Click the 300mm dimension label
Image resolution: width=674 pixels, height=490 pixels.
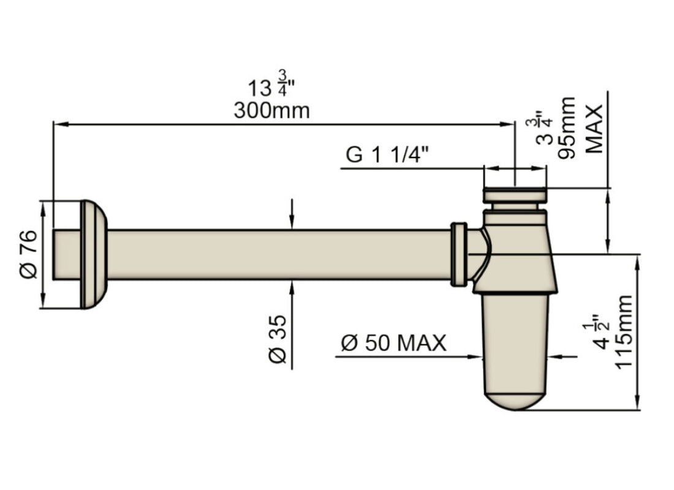coord(271,111)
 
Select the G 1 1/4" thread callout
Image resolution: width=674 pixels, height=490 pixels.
coord(387,154)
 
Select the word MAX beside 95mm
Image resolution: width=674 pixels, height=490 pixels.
coord(593,127)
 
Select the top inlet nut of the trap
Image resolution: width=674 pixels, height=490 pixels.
coord(515,195)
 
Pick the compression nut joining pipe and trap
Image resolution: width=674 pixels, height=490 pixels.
coord(458,254)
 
